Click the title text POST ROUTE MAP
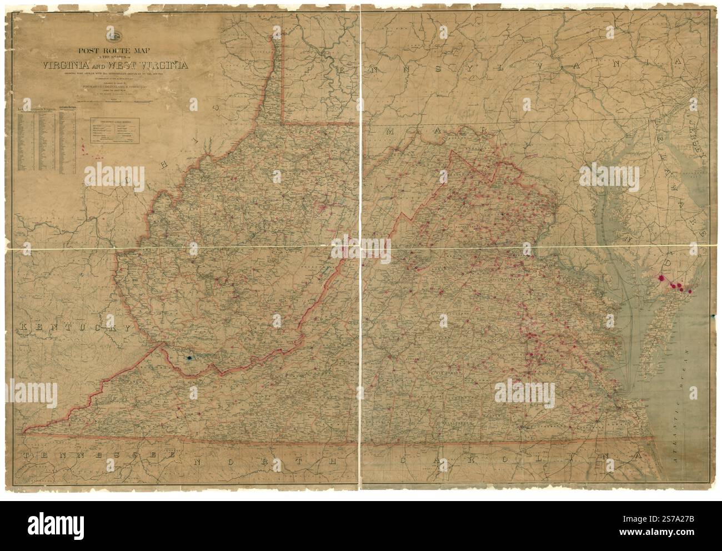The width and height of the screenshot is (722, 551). (115, 48)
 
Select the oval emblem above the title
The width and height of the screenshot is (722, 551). (115, 37)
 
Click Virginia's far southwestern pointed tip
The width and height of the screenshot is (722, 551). (25, 429)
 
